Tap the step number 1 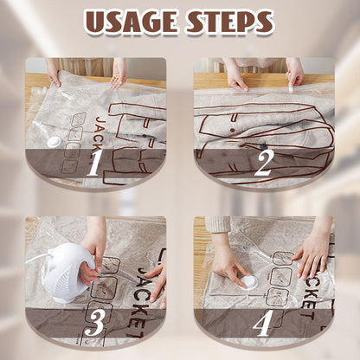pyautogui.click(x=93, y=162)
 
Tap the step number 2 pyautogui.click(x=264, y=162)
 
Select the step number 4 pyautogui.click(x=264, y=322)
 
